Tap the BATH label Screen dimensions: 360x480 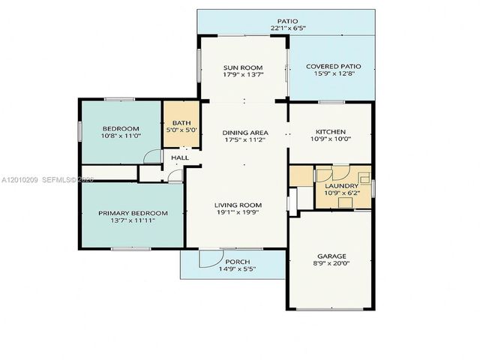click(x=181, y=123)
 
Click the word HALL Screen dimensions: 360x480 click(x=179, y=158)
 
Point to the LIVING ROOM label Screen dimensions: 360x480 click(x=238, y=205)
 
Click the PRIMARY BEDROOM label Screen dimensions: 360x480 click(x=133, y=213)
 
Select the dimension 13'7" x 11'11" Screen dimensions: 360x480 click(x=133, y=221)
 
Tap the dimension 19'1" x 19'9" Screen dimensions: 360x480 click(x=238, y=213)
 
